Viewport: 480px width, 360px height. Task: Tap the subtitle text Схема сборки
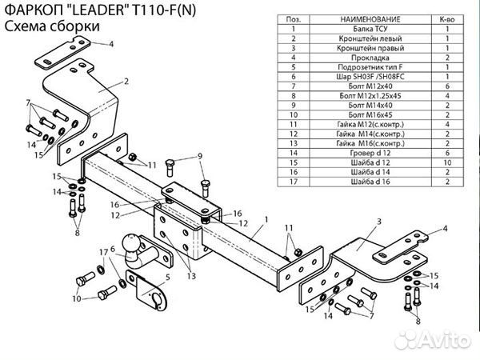(52, 26)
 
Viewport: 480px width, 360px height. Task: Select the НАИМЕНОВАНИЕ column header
(365, 17)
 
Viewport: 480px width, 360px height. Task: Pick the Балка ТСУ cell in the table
(365, 27)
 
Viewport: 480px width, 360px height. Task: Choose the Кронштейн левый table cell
(365, 38)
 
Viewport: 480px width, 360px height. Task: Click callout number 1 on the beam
(265, 218)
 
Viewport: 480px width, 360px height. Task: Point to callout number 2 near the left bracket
(126, 81)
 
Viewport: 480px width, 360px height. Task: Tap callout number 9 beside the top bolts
(200, 155)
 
